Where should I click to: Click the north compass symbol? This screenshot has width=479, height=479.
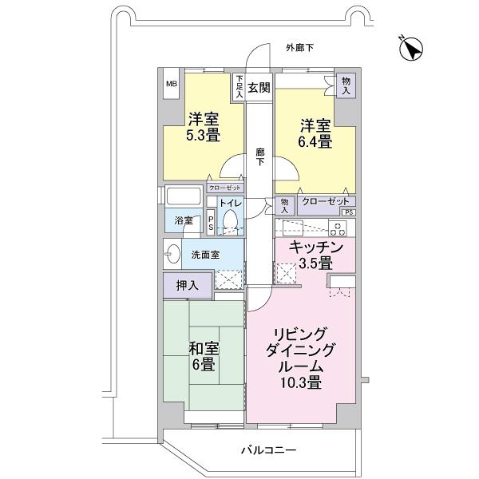coord(412,49)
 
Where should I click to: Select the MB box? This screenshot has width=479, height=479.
coord(172,83)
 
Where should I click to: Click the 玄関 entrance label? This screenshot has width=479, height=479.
coord(258,87)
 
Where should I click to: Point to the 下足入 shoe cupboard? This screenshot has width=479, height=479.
coord(239,87)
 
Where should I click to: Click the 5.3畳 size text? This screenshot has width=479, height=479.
coord(204,136)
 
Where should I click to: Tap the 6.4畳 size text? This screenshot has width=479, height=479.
coord(316,141)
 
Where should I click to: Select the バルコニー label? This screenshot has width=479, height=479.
coord(269,450)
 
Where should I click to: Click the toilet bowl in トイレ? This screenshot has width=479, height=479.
coord(232,220)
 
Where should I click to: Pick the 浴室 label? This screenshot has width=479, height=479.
coord(183,220)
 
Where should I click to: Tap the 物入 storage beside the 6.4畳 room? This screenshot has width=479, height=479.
coord(346,85)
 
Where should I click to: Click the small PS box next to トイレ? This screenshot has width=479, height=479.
coord(211,222)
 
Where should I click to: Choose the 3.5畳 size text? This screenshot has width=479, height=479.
coord(316,263)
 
